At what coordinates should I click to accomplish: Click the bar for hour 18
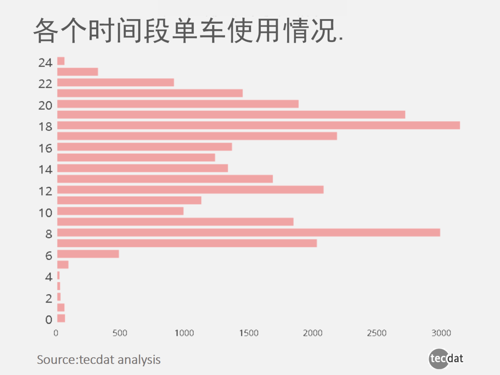[258, 125]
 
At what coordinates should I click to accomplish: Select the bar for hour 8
[248, 233]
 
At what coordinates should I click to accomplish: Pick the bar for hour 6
[88, 254]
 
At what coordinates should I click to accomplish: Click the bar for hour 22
[115, 83]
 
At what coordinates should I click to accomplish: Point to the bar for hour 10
[120, 211]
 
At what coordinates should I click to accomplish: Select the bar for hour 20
[178, 104]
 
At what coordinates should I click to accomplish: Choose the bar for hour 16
[144, 147]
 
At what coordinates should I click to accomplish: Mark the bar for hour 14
[142, 168]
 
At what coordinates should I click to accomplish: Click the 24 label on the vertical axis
[45, 63]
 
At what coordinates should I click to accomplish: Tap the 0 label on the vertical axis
[49, 320]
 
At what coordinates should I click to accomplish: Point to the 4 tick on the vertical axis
[49, 277]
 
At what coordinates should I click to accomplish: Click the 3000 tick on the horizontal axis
[441, 333]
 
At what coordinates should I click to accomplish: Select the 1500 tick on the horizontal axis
[248, 333]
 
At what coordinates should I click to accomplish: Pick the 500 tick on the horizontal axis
[120, 333]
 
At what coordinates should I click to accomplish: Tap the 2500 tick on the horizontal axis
[377, 333]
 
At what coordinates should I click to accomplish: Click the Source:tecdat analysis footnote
[99, 359]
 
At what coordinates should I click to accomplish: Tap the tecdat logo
[446, 358]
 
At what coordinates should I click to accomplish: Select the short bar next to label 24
[61, 61]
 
